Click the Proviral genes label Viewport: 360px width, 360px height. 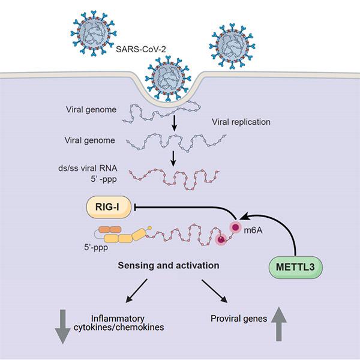[240, 319]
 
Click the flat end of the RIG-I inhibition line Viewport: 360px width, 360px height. [136, 208]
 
